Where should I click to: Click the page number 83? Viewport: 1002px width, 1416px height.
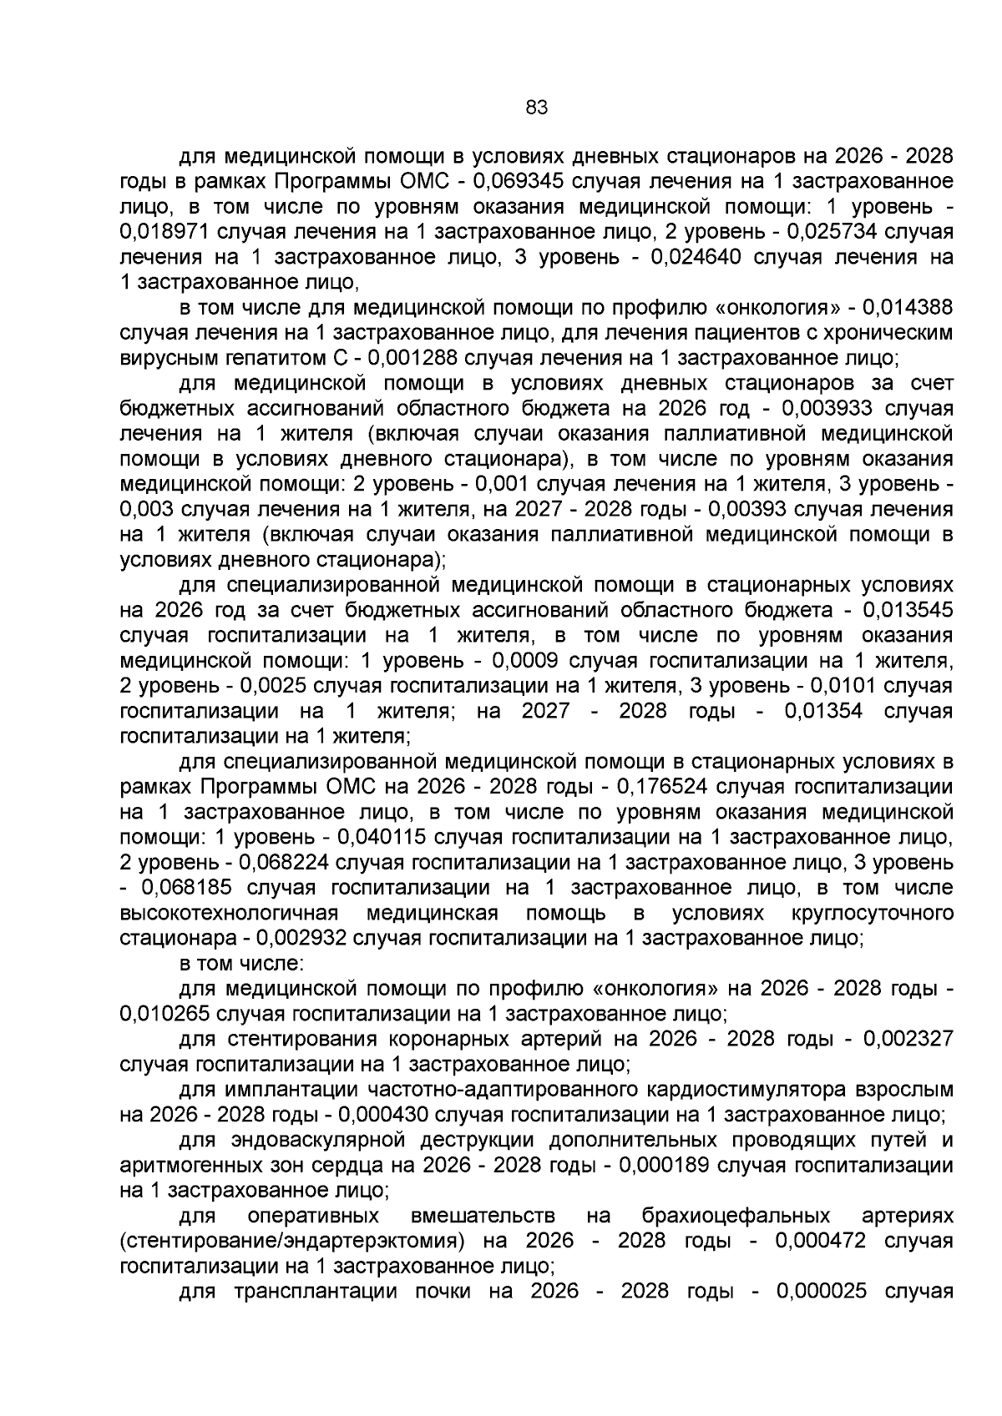tap(536, 107)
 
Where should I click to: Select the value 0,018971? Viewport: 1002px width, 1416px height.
tap(170, 232)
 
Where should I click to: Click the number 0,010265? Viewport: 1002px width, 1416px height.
tap(170, 1014)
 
